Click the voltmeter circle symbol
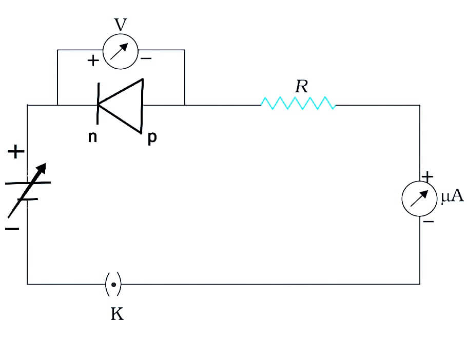(103, 51)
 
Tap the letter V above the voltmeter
(121, 25)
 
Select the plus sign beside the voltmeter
(93, 61)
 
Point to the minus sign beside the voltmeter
(146, 58)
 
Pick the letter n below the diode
(92, 137)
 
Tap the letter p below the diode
(152, 138)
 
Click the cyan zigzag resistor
(298, 103)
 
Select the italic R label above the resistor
(301, 87)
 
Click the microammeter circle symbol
(402, 198)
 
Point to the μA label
(452, 196)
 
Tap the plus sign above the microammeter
(427, 177)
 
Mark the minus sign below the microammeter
(429, 222)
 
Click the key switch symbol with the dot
(113, 285)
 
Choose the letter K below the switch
(117, 313)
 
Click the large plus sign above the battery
(16, 152)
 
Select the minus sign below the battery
(12, 229)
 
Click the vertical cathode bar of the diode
(98, 104)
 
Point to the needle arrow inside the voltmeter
(119, 51)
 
